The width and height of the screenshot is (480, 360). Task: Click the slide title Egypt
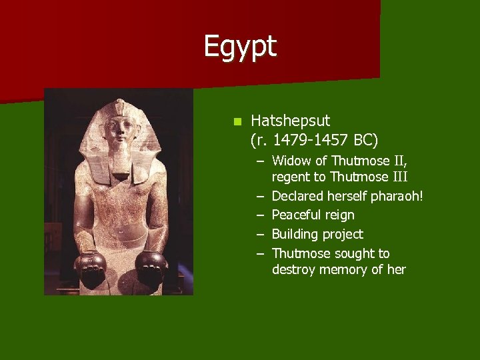[240, 46]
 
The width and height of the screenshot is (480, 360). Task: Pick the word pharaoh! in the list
[399, 196]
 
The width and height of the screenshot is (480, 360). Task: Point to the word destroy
[293, 269]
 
